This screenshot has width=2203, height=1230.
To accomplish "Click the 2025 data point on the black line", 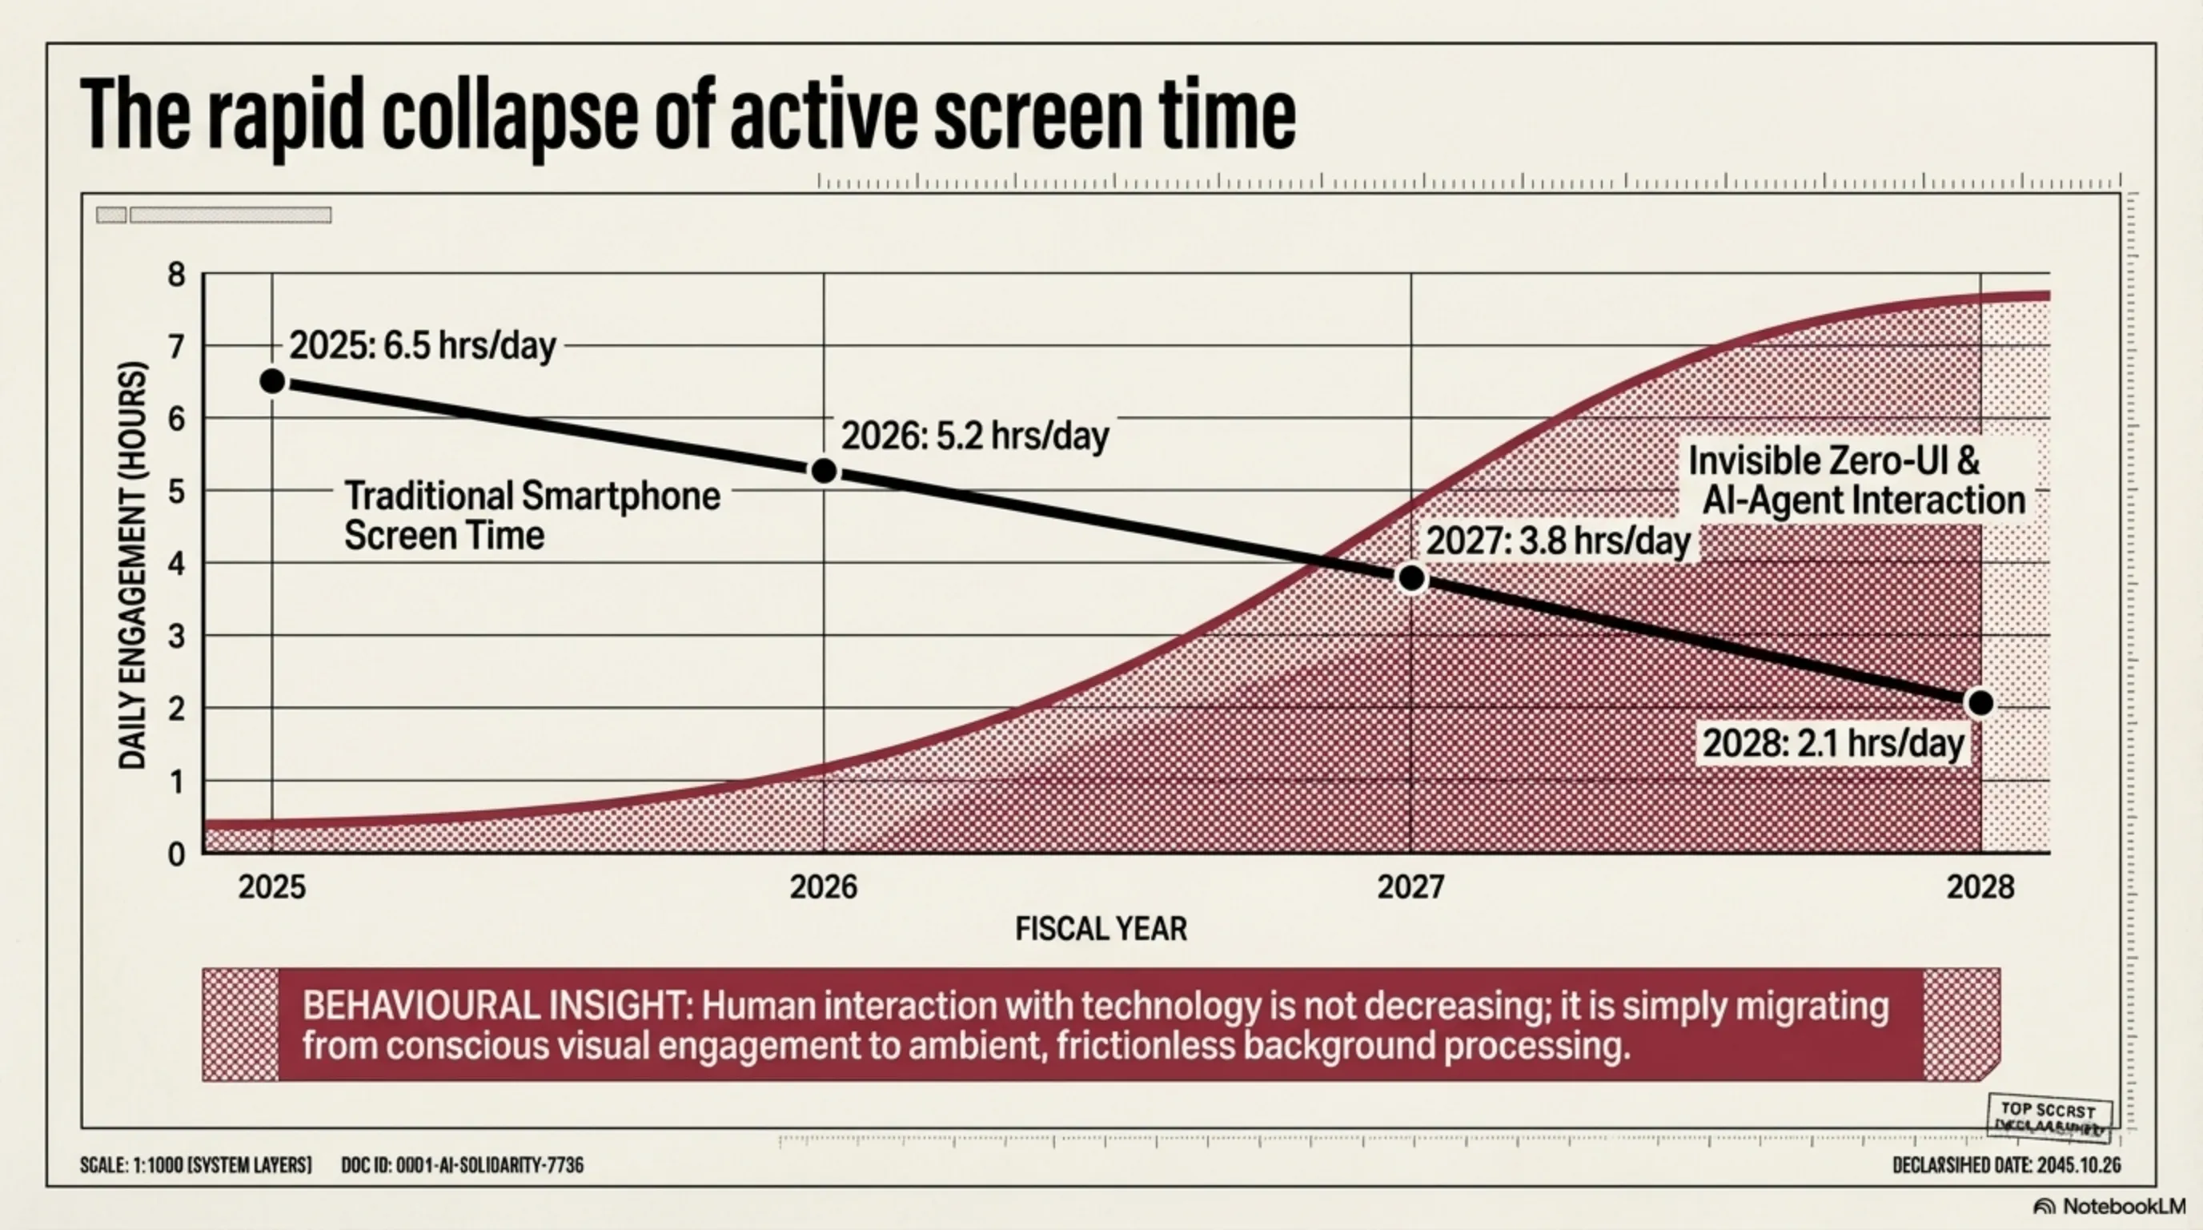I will tap(272, 381).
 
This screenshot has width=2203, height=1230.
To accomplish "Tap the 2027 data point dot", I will tap(1411, 579).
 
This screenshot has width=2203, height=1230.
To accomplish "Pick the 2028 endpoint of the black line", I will tap(1980, 703).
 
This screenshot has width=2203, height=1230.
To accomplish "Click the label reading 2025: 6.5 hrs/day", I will tap(423, 346).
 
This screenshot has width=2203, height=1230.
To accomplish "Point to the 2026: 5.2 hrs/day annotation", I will tap(975, 436).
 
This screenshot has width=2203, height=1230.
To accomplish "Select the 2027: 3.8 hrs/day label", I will tap(1558, 541).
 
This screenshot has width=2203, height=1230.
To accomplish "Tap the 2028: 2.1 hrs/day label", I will tap(1832, 742).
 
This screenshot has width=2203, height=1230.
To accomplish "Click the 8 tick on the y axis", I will tap(176, 275).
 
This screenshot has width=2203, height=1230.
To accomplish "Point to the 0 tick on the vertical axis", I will tap(176, 854).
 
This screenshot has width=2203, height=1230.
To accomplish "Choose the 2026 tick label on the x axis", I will tap(823, 887).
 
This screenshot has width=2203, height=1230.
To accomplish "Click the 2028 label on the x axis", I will tap(1980, 887).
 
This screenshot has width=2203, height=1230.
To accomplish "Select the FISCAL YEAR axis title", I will tap(1101, 929).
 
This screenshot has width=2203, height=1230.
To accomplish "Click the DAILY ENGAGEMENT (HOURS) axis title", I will tap(133, 565).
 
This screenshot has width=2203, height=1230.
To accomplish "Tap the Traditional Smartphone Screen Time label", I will tap(531, 516).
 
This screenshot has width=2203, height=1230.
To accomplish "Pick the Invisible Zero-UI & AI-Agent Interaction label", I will tap(1856, 480).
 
